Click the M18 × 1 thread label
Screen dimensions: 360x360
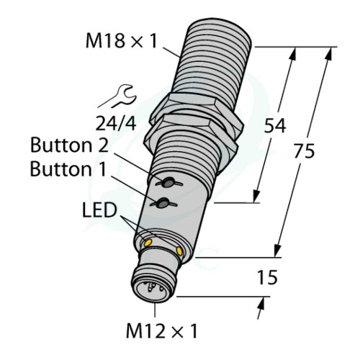pos(121,41)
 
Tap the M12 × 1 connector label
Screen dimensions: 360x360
pos(161,330)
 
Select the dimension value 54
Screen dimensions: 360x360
pos(275,126)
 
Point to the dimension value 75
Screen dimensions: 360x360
pos(304,150)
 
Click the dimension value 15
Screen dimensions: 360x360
pos(267,277)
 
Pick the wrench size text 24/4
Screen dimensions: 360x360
pos(116,123)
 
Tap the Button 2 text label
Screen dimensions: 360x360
pos(69,145)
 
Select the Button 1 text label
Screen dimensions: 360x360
pos(68,168)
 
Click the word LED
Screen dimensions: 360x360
pos(99,210)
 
